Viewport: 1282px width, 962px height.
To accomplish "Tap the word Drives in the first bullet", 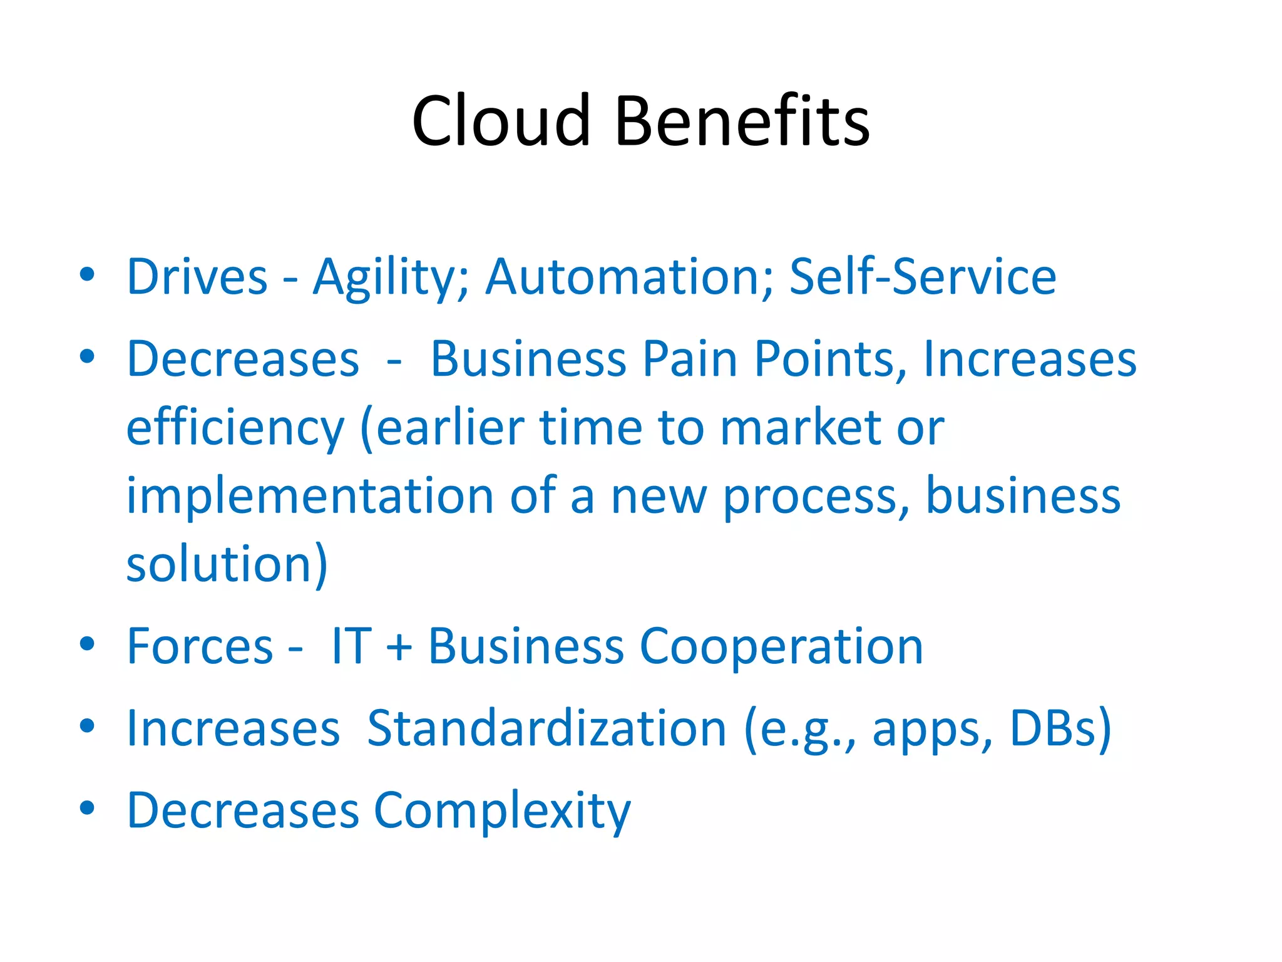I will click(197, 277).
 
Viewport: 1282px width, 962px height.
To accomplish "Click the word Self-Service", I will click(922, 277).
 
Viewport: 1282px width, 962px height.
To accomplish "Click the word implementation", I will click(310, 497).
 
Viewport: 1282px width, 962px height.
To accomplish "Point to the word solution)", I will click(227, 564).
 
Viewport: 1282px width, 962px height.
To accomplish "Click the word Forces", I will click(200, 647).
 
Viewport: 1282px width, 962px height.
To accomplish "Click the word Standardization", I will click(546, 728).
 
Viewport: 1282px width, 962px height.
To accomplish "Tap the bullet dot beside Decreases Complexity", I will click(87, 808).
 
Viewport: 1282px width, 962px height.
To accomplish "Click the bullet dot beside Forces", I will click(87, 644).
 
